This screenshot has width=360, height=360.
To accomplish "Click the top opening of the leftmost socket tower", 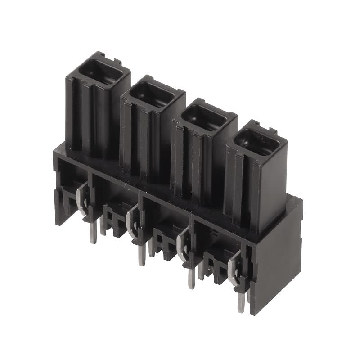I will click(98, 72).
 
